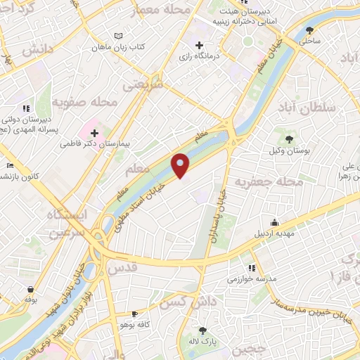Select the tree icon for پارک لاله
(203, 330)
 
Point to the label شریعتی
(142, 84)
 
